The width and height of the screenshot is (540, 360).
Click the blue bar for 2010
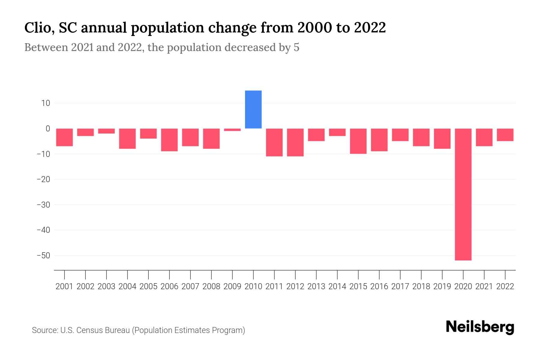tap(253, 109)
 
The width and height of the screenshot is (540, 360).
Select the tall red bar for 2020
tap(463, 194)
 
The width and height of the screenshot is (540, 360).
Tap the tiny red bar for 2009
tap(232, 130)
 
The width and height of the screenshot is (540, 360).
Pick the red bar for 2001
tap(64, 137)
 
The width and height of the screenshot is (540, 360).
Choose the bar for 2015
tap(358, 141)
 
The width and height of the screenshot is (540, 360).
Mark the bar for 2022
tap(505, 135)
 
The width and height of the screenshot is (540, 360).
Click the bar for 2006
tap(169, 140)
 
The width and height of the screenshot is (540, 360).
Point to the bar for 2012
tap(295, 142)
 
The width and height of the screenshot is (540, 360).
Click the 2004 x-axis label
tap(127, 286)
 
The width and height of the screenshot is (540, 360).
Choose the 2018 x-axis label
tap(421, 286)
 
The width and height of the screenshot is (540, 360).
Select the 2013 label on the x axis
tap(316, 286)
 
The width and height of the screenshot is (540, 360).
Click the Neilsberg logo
tap(480, 327)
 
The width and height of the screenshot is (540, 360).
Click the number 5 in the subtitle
tap(296, 48)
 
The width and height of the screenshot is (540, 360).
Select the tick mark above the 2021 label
tap(484, 274)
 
